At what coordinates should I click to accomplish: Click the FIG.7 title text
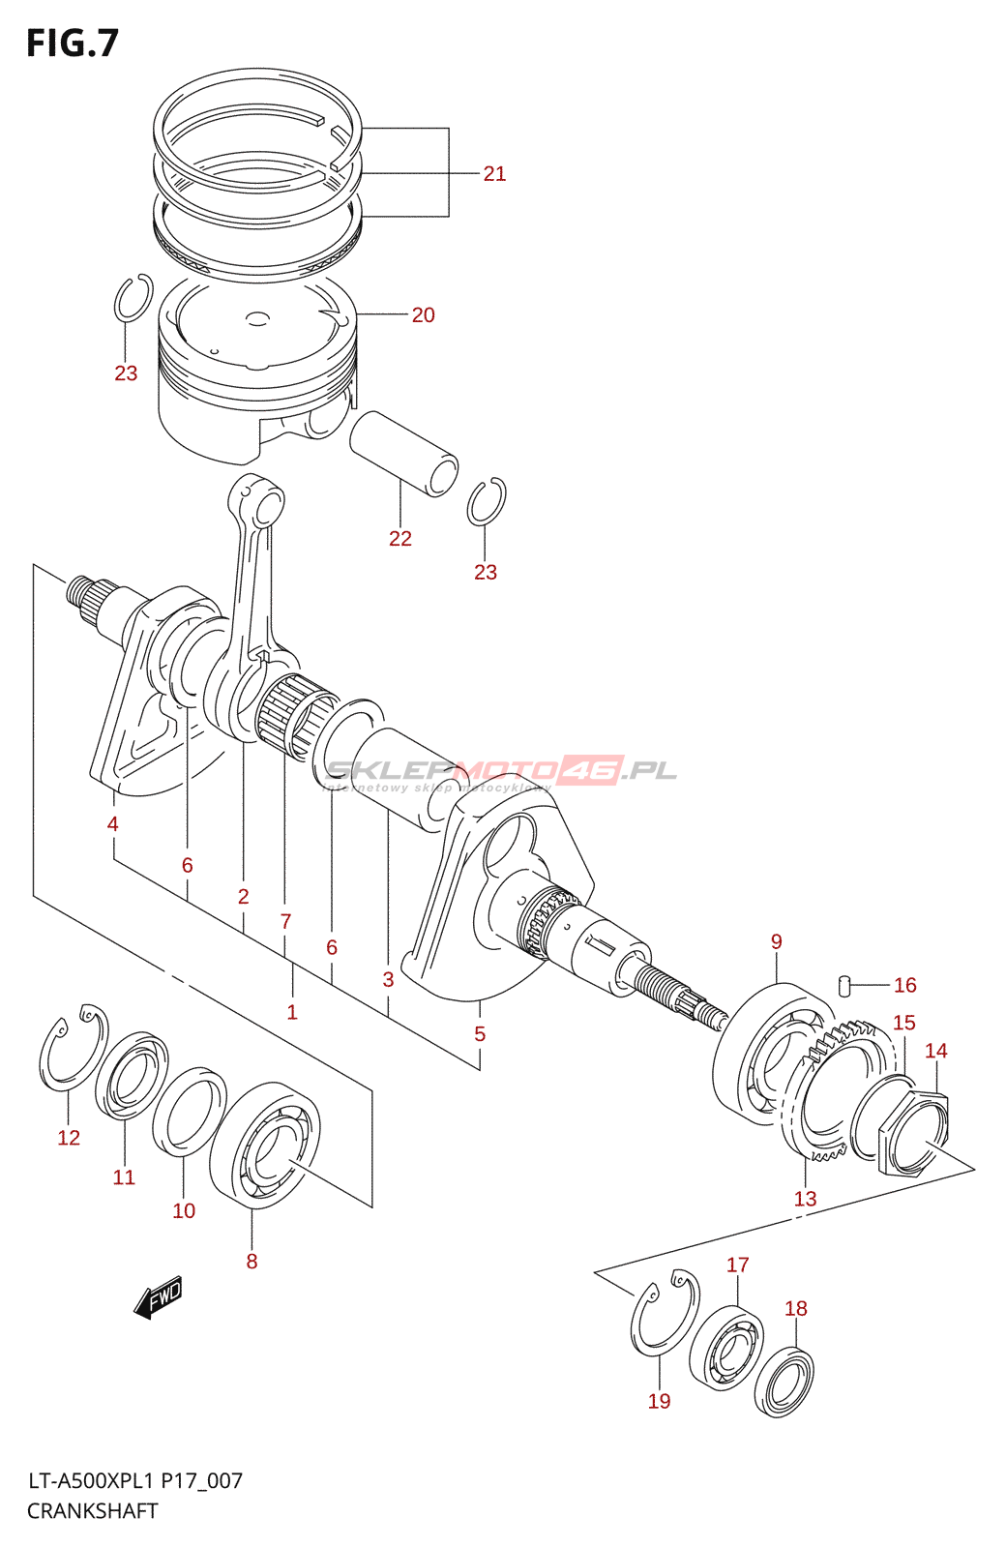pyautogui.click(x=73, y=44)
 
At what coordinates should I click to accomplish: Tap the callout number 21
pyautogui.click(x=494, y=174)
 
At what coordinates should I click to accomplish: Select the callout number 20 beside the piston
pyautogui.click(x=423, y=315)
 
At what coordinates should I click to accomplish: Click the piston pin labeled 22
pyautogui.click(x=403, y=452)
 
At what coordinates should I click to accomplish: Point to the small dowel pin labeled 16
pyautogui.click(x=844, y=985)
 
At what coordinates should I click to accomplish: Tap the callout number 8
pyautogui.click(x=251, y=1261)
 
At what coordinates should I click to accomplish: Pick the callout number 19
pyautogui.click(x=659, y=1401)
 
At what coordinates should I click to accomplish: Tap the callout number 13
pyautogui.click(x=805, y=1199)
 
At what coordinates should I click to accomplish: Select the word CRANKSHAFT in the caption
pyautogui.click(x=92, y=1511)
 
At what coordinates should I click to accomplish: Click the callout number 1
pyautogui.click(x=292, y=1012)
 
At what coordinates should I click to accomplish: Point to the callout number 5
pyautogui.click(x=480, y=1034)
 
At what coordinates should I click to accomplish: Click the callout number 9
pyautogui.click(x=776, y=941)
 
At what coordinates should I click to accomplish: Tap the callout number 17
pyautogui.click(x=737, y=1265)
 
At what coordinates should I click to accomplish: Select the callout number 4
pyautogui.click(x=113, y=824)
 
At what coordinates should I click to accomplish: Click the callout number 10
pyautogui.click(x=184, y=1210)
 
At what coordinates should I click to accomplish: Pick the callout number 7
pyautogui.click(x=285, y=921)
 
